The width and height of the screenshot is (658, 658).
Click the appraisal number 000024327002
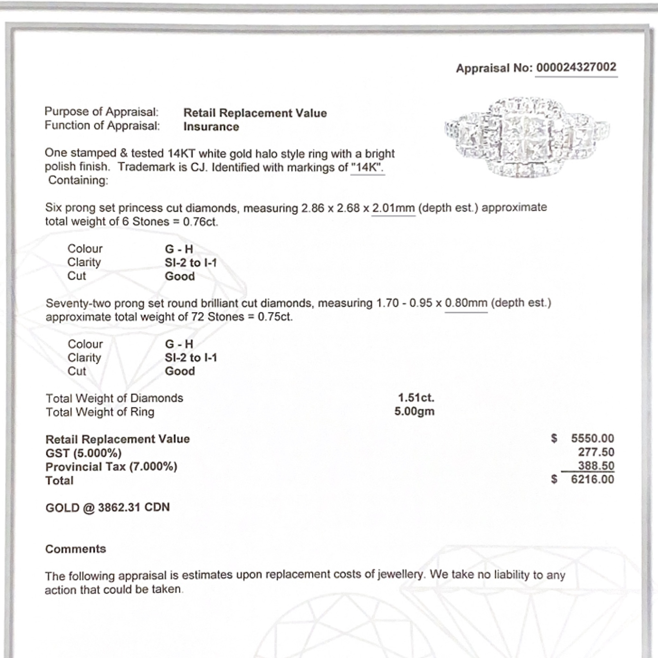[x=576, y=67]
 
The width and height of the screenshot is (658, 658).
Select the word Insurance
[x=211, y=127]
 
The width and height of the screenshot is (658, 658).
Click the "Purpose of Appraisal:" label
[x=102, y=112]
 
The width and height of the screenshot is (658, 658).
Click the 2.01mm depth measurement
[x=393, y=208]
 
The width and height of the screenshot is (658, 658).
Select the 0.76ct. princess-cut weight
[x=200, y=222]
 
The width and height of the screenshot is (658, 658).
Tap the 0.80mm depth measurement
[x=466, y=303]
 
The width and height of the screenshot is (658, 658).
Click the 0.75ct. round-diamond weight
[x=275, y=317]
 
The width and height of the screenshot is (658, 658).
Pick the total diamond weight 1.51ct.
[x=416, y=397]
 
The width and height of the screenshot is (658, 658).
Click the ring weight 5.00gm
[x=414, y=412]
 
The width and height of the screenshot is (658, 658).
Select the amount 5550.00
[x=592, y=438]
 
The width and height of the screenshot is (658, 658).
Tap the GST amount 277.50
[x=596, y=452]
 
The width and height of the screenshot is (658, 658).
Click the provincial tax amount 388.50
[x=596, y=466]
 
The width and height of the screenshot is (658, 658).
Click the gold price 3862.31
[x=119, y=507]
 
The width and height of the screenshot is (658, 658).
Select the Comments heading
[x=76, y=549]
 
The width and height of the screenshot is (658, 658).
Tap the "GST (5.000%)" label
[x=84, y=453]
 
